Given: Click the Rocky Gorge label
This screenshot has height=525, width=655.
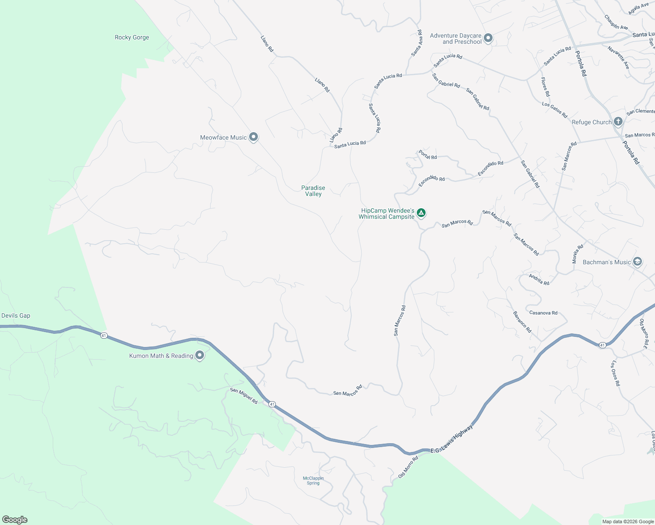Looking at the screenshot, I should pyautogui.click(x=132, y=38).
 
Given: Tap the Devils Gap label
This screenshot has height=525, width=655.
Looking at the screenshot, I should pyautogui.click(x=16, y=315).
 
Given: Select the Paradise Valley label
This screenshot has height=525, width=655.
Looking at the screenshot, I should pyautogui.click(x=313, y=191).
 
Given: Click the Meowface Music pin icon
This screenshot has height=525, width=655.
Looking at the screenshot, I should pyautogui.click(x=253, y=137).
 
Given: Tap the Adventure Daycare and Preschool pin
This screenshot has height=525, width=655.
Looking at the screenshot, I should pyautogui.click(x=488, y=38).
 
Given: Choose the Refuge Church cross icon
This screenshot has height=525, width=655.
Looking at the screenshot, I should pyautogui.click(x=618, y=121).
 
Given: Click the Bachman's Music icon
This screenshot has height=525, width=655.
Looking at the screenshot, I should pyautogui.click(x=637, y=262).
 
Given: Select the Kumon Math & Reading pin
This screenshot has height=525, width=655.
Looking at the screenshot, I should pyautogui.click(x=200, y=355).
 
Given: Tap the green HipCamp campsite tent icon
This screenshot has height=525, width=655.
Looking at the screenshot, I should pyautogui.click(x=421, y=213).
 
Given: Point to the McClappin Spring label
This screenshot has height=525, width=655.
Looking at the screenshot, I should pyautogui.click(x=313, y=480).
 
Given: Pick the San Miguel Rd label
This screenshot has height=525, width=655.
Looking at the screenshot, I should pyautogui.click(x=244, y=396).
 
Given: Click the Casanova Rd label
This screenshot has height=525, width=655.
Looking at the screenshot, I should pyautogui.click(x=543, y=313).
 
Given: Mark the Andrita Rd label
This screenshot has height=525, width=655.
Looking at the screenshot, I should pyautogui.click(x=539, y=280).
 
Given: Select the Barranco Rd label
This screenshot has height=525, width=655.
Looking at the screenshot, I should pyautogui.click(x=522, y=322).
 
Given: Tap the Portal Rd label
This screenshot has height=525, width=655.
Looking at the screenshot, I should pyautogui.click(x=428, y=154).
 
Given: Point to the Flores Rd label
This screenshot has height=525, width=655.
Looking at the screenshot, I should pyautogui.click(x=545, y=87).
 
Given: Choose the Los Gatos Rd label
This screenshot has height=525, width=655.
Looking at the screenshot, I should pyautogui.click(x=554, y=110).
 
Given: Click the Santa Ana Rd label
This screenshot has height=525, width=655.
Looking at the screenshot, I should pyautogui.click(x=417, y=43).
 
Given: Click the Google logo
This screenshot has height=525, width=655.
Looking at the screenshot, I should pyautogui.click(x=15, y=520).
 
